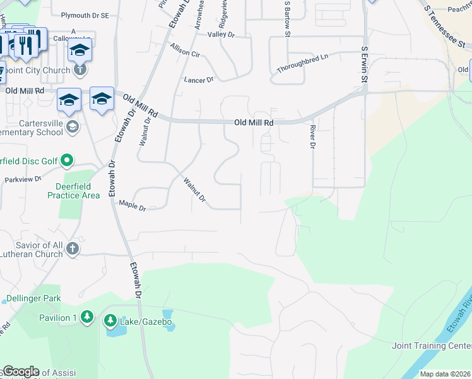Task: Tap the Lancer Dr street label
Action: point(199,80)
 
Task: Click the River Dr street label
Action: point(312,136)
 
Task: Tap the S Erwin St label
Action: point(364,65)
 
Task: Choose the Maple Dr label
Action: point(133,205)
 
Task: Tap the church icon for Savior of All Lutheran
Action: point(73,248)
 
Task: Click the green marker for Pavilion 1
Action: point(87,316)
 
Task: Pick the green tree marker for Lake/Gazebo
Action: point(110,322)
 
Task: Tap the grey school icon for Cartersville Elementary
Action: point(73,126)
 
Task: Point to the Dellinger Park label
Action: point(33,298)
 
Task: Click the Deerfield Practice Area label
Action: point(73,191)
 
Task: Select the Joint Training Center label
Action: point(431,346)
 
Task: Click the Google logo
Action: point(20,371)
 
